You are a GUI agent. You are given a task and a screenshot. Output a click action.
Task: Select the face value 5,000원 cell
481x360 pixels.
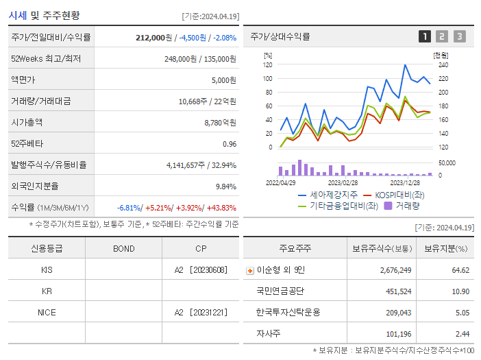(x=223, y=80)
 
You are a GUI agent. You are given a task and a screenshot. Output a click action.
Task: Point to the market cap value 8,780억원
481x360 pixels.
(x=221, y=123)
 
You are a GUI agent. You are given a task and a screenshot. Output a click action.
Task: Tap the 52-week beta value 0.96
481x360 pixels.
(x=230, y=144)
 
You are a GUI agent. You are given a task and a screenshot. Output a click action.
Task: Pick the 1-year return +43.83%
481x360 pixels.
(x=221, y=208)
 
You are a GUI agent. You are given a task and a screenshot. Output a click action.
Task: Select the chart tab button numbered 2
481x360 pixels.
(x=442, y=36)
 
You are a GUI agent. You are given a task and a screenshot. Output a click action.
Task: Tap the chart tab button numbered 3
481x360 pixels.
(x=459, y=36)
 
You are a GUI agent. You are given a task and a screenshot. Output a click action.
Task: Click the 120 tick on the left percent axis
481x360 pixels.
(x=267, y=64)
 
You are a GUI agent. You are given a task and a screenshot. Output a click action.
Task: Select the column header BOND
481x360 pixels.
(x=123, y=249)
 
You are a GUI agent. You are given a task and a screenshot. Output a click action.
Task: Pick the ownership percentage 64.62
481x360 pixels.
(x=460, y=270)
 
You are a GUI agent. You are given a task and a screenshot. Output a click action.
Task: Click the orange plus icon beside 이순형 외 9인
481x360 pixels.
(x=250, y=271)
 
